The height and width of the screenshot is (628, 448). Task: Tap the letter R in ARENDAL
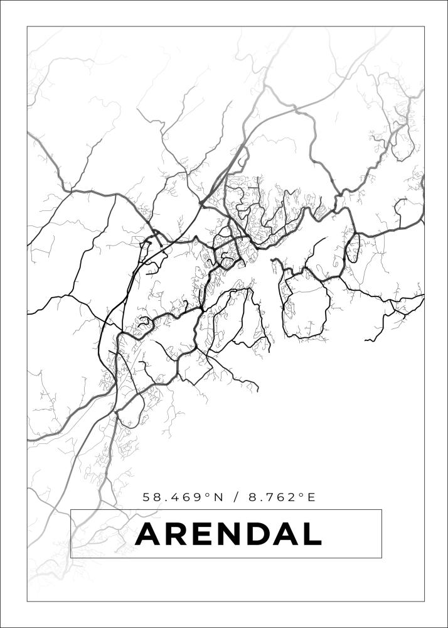179,534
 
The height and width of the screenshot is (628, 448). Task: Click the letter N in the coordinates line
218,497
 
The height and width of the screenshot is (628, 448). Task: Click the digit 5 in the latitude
147,497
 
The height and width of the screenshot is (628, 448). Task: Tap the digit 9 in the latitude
198,497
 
